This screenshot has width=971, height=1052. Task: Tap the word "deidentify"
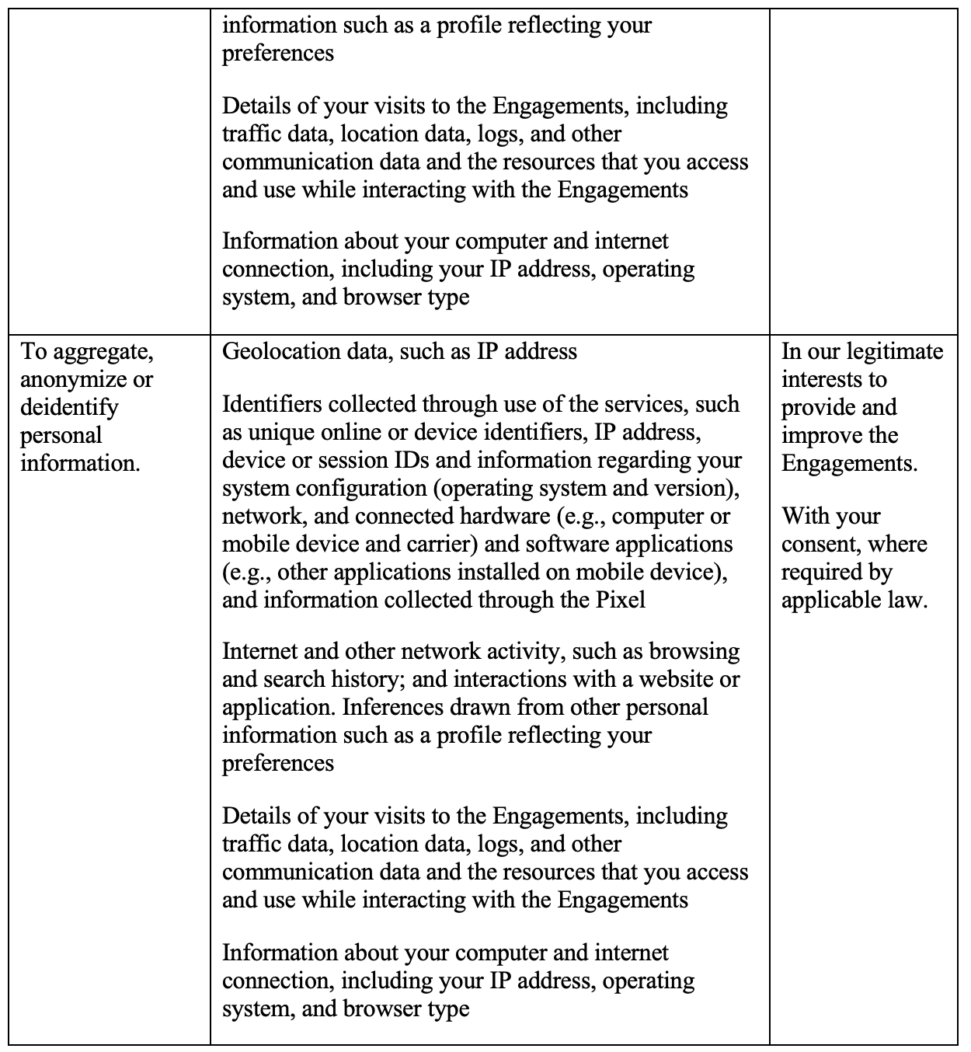[69, 408]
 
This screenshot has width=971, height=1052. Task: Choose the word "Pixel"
[618, 601]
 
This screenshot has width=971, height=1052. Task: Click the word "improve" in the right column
[817, 436]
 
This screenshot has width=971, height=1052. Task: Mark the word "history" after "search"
[375, 680]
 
